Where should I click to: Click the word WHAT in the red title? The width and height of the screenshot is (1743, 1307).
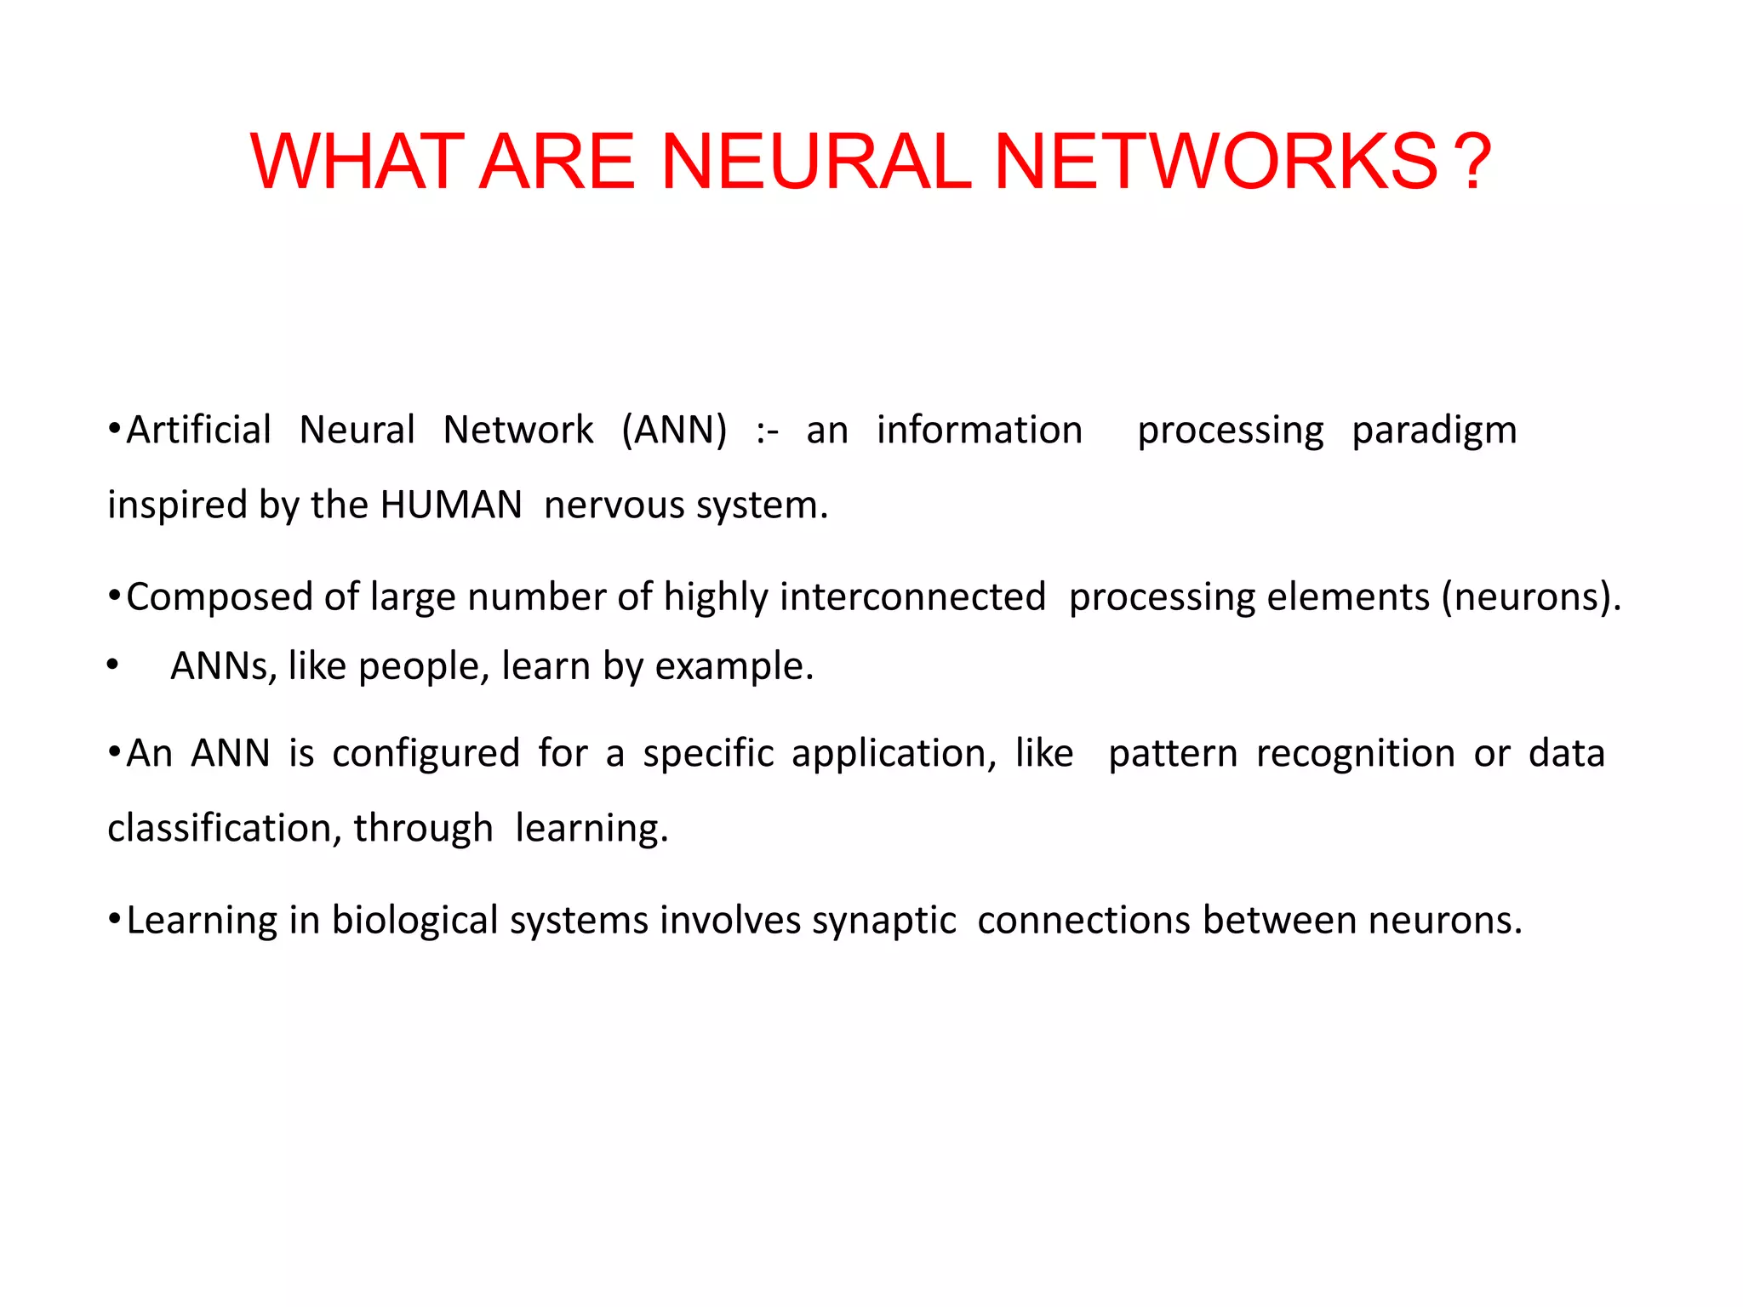[357, 162]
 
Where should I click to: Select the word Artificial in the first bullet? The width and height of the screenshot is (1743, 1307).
[198, 430]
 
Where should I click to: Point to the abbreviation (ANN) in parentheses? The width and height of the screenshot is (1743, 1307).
[674, 430]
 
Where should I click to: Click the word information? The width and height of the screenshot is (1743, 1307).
[980, 430]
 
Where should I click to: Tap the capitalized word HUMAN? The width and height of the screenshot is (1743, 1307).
[451, 505]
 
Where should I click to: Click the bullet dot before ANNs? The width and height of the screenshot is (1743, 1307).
[112, 666]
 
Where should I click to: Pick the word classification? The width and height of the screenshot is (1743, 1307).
[224, 828]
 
